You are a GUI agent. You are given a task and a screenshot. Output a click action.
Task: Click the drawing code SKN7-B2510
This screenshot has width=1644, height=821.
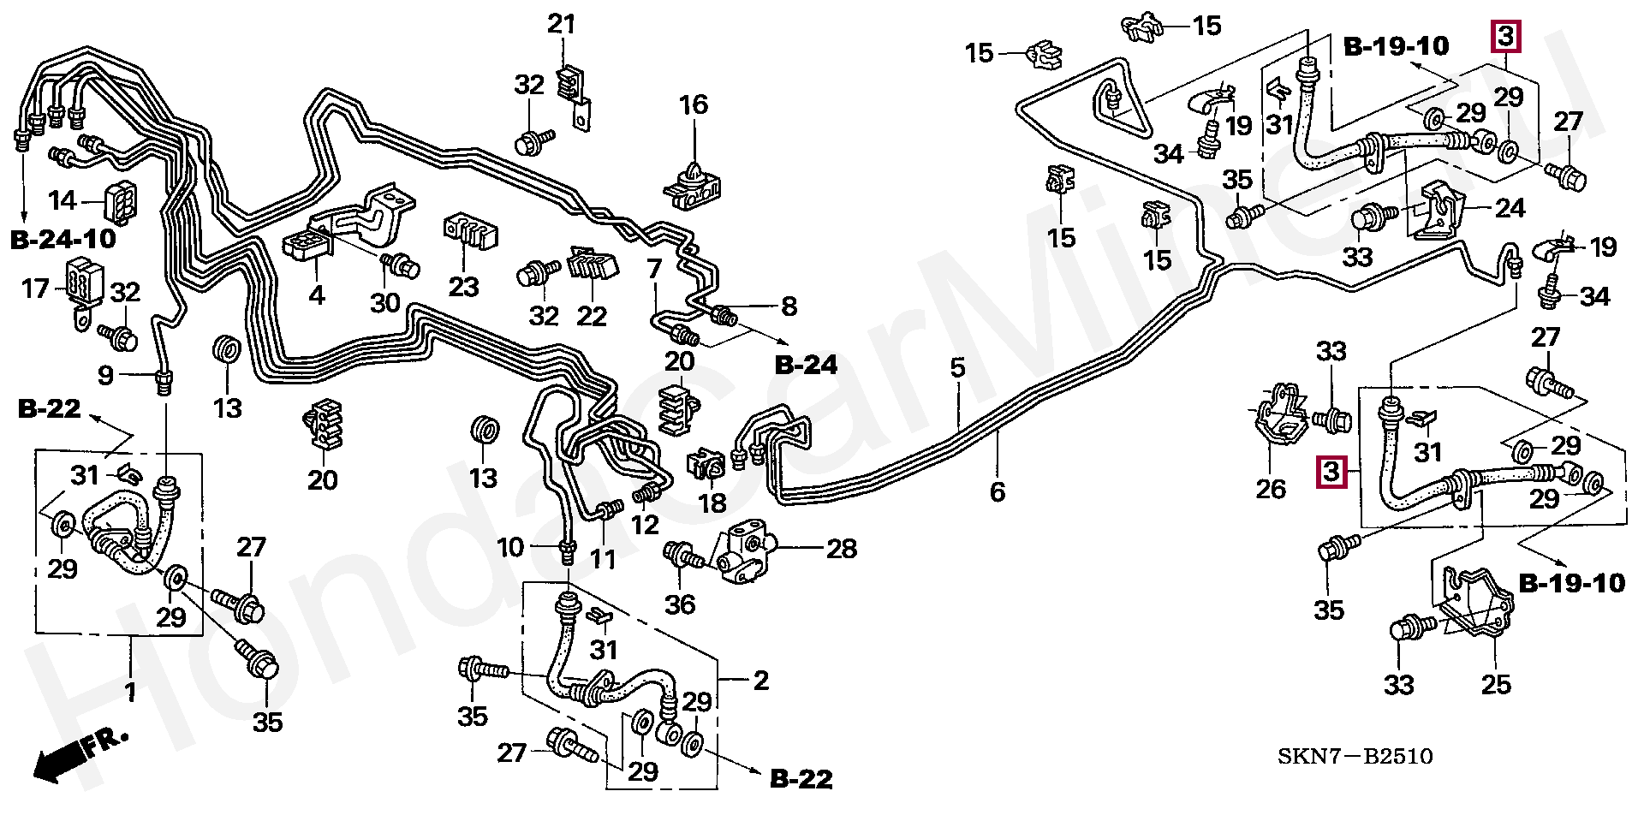[x=1355, y=757]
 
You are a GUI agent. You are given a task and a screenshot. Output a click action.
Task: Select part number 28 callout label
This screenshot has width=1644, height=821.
[x=841, y=549]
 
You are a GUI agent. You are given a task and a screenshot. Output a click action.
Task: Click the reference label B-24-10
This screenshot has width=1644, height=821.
[x=63, y=240]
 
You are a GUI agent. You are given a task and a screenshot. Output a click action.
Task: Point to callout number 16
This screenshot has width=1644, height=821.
[x=693, y=105]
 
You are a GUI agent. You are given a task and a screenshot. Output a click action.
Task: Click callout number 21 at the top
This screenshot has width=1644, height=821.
[x=561, y=24]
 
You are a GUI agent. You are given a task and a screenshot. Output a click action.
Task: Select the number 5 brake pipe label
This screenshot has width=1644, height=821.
[x=957, y=368]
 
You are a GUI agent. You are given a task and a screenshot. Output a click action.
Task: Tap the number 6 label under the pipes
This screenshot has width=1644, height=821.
[x=997, y=491]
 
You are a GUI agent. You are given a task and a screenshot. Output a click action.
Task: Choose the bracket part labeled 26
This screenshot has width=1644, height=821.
[x=1281, y=419]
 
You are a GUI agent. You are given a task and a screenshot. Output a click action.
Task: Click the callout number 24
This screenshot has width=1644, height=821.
[x=1509, y=208]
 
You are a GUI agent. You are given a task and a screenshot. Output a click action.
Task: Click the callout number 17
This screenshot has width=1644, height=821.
[x=35, y=289]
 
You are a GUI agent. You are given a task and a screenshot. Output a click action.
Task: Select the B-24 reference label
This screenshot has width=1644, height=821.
[x=805, y=366]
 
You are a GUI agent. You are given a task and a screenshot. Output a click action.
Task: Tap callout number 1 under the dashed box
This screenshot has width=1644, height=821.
[x=130, y=692]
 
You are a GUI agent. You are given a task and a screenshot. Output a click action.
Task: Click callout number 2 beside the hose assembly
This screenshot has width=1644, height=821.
[x=760, y=681]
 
